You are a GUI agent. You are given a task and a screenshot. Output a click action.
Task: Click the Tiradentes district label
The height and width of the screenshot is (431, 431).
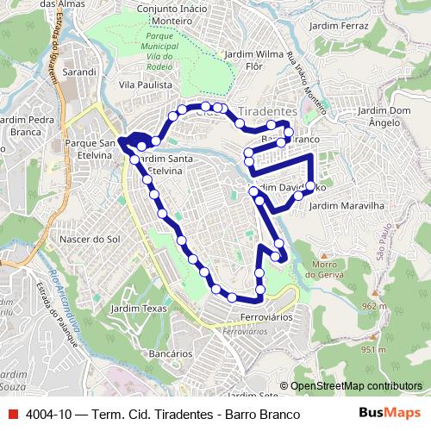pos(266,112)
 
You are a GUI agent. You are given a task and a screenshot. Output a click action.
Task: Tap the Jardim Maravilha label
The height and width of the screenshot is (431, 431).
pos(345,206)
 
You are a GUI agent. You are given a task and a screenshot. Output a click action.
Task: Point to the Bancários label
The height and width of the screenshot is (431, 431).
pos(170,353)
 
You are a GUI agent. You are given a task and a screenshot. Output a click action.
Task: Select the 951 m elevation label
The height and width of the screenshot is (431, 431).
pos(373,349)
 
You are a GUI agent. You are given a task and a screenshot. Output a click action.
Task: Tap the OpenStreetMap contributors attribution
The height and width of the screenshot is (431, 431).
pos(355,386)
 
